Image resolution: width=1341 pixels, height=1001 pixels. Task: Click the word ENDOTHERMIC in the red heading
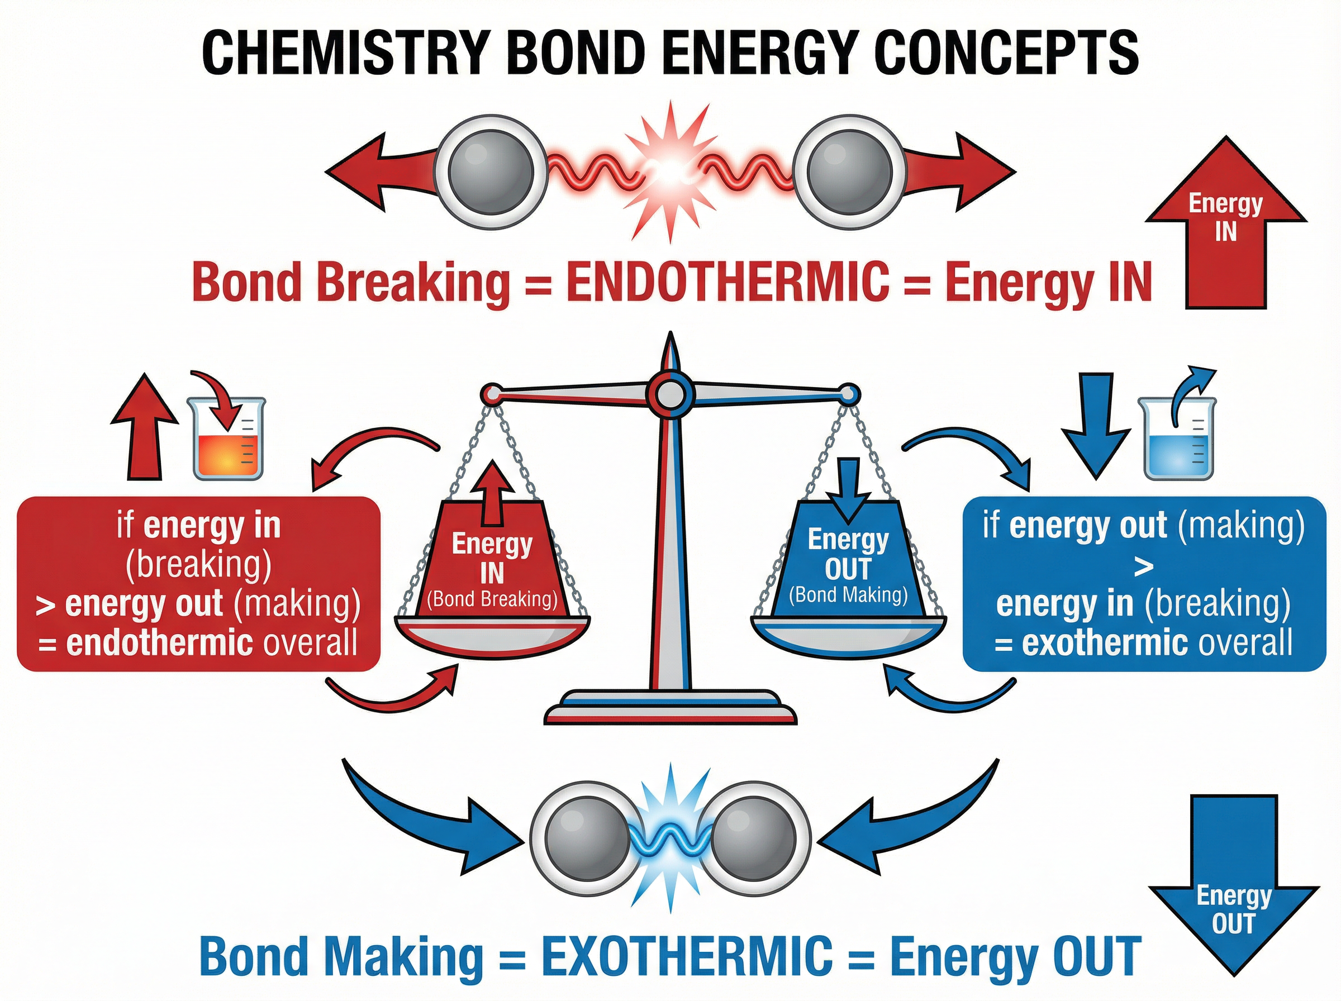pos(726,282)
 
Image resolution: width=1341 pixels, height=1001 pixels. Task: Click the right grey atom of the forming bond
pos(754,838)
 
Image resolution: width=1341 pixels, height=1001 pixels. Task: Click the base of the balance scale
pos(669,709)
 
